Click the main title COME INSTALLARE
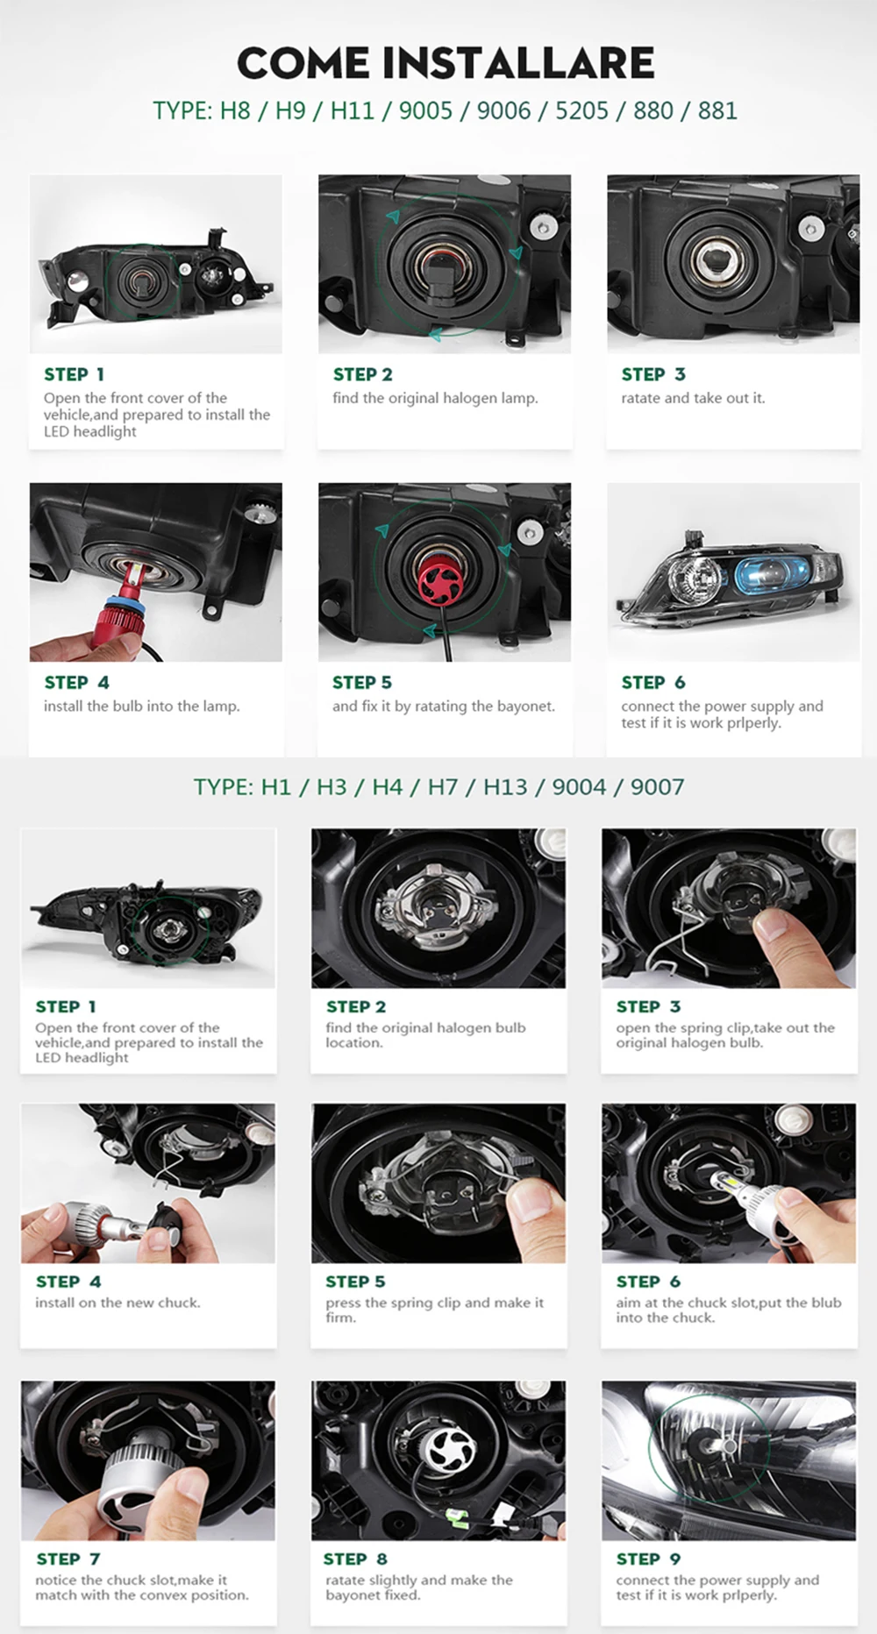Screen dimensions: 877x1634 446,63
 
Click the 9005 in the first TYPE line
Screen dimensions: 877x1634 425,111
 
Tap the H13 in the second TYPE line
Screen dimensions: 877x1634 505,786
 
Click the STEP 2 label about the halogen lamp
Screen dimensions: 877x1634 362,374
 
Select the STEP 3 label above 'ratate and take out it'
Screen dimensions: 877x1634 652,374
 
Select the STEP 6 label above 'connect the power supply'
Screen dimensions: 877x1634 652,682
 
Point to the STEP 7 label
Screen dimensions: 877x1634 68,1559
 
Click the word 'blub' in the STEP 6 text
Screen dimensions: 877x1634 826,1303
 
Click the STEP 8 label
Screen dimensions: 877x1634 355,1559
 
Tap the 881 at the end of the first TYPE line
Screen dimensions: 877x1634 717,111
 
